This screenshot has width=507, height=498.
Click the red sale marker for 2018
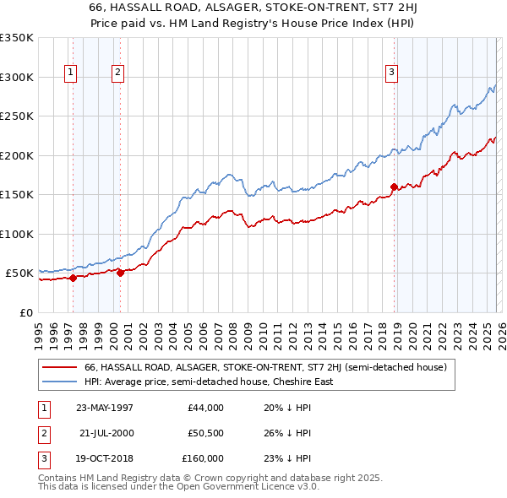(x=394, y=187)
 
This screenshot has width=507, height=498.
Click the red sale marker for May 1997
(x=73, y=278)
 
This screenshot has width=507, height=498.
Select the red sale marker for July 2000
(x=120, y=273)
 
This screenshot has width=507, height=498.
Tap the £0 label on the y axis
(x=25, y=312)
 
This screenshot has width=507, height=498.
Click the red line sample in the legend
(x=59, y=367)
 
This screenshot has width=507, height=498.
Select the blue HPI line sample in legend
(x=59, y=382)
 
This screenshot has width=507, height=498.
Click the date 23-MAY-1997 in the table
(x=104, y=408)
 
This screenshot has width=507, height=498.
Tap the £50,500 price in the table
(x=206, y=433)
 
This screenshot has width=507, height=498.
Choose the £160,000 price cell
(x=204, y=458)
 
